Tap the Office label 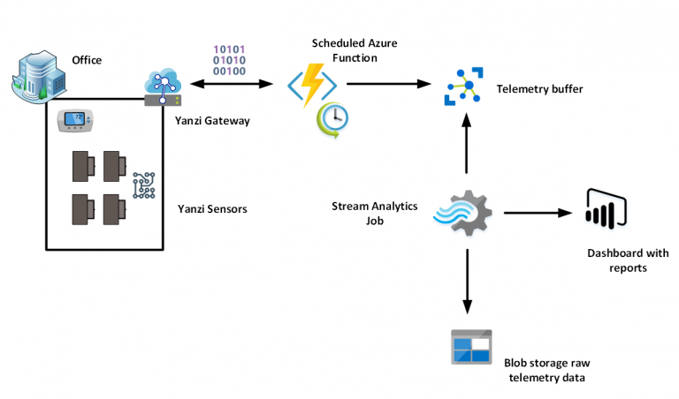[87, 60]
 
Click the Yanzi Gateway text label [213, 120]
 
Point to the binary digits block [229, 59]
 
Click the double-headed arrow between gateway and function [228, 85]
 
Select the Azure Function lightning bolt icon [311, 85]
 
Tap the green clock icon [333, 120]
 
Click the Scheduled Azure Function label [346, 49]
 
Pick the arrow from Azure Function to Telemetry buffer [389, 85]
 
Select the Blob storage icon [470, 347]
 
